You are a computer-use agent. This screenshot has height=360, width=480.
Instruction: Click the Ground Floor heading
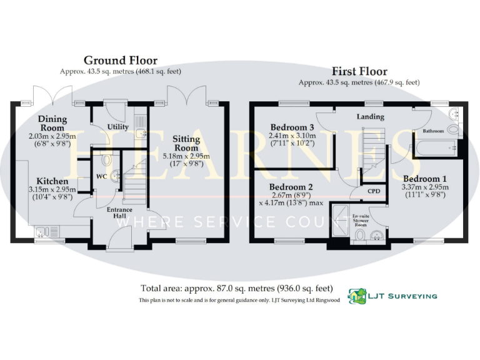pyautogui.click(x=121, y=61)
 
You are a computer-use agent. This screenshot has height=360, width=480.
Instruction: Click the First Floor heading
pyautogui.click(x=359, y=71)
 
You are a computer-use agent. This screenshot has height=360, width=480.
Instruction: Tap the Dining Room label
pyautogui.click(x=52, y=123)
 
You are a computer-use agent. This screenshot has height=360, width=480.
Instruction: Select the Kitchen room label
pyautogui.click(x=52, y=181)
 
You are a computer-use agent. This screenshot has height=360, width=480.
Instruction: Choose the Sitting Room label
pyautogui.click(x=186, y=143)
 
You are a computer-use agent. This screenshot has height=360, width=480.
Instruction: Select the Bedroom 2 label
pyautogui.click(x=291, y=187)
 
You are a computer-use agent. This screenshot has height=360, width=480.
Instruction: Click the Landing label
pyautogui.click(x=370, y=117)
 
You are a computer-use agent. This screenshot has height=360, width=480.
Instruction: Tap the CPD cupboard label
pyautogui.click(x=374, y=191)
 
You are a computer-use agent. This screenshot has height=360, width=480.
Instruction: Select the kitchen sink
pyautogui.click(x=42, y=232)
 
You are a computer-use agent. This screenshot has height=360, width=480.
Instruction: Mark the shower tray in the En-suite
pyautogui.click(x=341, y=216)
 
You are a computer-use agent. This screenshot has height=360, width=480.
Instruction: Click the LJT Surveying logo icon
pyautogui.click(x=357, y=296)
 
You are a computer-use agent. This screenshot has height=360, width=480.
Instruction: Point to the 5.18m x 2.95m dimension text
pyautogui.click(x=186, y=156)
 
